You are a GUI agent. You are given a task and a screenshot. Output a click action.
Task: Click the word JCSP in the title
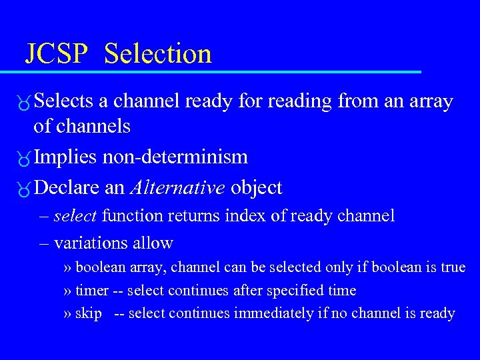[56, 53]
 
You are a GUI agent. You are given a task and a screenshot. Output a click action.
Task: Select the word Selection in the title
[158, 53]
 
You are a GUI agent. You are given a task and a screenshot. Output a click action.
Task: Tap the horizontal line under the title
[220, 71]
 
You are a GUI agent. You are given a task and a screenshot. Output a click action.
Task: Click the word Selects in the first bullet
[64, 101]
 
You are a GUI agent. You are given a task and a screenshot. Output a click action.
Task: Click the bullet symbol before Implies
[25, 158]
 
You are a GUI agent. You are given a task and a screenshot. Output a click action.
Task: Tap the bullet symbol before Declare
[25, 189]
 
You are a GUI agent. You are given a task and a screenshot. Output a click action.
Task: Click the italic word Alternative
[177, 188]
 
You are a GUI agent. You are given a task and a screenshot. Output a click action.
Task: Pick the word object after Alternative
[257, 189]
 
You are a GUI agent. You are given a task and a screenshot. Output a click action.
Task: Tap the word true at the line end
[453, 267]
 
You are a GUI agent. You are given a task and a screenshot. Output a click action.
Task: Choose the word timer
[91, 291]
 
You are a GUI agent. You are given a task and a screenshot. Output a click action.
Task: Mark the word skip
[89, 313]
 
